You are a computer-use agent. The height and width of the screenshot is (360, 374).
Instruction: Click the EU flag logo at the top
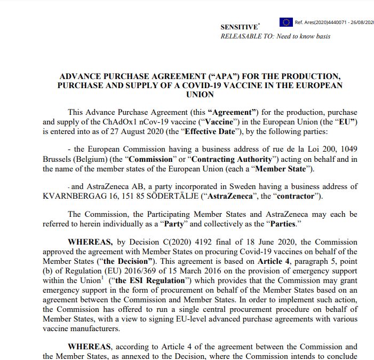[286, 22]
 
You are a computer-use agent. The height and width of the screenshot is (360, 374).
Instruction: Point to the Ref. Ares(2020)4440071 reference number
[334, 22]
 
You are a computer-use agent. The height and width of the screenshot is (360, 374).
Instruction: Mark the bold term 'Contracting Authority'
[229, 160]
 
